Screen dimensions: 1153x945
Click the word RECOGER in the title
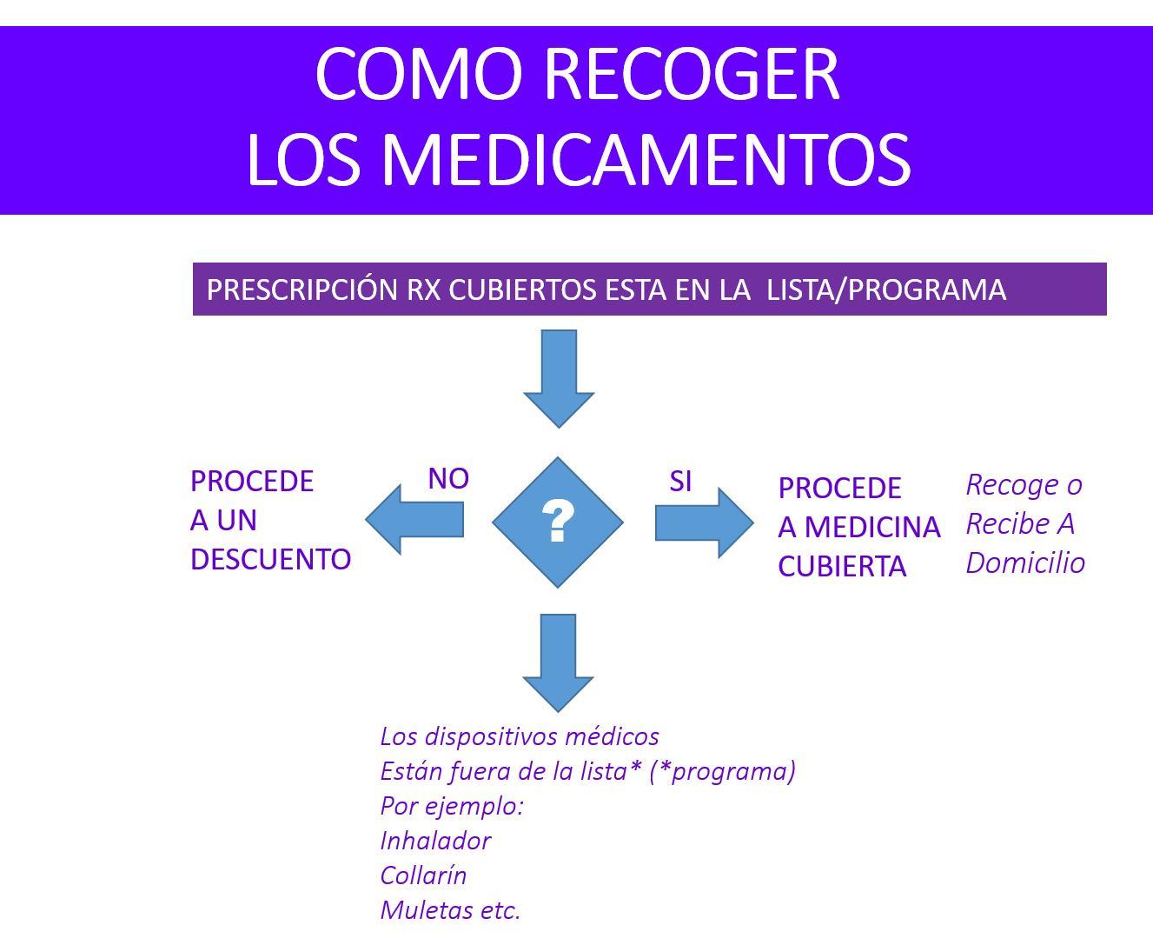(692, 74)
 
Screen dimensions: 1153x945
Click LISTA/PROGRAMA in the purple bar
(886, 290)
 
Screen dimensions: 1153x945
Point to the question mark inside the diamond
(558, 521)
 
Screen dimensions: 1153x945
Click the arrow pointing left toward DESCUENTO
(414, 519)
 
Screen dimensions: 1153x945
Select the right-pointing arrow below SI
(704, 523)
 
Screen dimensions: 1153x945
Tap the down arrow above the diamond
(559, 379)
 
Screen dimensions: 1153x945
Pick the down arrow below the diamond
(558, 663)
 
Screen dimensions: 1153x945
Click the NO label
(448, 479)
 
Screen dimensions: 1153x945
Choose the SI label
(680, 482)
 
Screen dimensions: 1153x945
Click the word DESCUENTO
(270, 559)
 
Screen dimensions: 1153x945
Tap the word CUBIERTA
(842, 566)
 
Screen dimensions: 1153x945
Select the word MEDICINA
(872, 528)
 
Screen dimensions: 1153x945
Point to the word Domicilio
(1025, 563)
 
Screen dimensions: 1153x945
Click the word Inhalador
(435, 841)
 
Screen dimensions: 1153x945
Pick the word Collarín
(423, 875)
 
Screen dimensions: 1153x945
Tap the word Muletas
(427, 910)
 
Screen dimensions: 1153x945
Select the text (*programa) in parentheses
(722, 771)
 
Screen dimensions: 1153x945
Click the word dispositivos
(492, 737)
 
